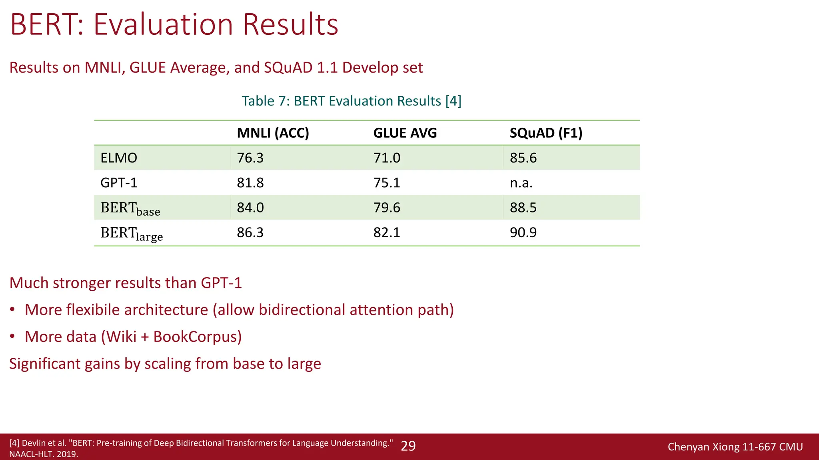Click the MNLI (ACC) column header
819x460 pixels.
coord(273,133)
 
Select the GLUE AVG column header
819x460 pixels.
coord(405,133)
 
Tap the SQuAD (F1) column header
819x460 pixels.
coord(545,133)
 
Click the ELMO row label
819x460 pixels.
coord(119,158)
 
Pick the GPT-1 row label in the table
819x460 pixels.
coord(119,183)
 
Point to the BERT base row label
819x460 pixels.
coord(130,208)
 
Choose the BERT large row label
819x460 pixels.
coord(132,233)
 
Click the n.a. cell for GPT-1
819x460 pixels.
coord(521,183)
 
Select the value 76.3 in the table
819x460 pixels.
coord(250,158)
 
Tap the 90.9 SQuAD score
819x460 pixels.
coord(523,232)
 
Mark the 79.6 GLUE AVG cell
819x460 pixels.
coord(386,208)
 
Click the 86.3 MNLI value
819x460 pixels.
coord(250,232)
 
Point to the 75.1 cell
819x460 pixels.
coord(386,183)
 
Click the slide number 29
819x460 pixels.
coord(408,446)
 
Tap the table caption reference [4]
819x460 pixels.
coord(453,101)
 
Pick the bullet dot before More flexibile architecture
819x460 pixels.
coord(13,310)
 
